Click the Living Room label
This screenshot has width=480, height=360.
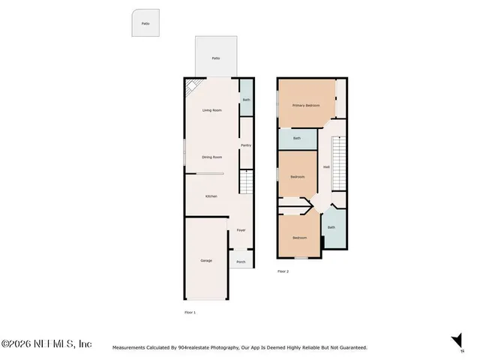[x=213, y=110]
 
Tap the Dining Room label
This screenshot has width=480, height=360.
[x=213, y=157]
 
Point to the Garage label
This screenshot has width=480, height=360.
[x=205, y=260]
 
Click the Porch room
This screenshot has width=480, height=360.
[x=241, y=262]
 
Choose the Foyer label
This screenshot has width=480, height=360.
[x=241, y=230]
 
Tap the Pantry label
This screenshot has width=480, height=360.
[x=245, y=145]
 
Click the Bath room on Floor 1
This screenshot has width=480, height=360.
[x=246, y=100]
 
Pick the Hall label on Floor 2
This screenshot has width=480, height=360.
[x=326, y=166]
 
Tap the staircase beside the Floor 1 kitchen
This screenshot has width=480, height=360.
[x=246, y=181]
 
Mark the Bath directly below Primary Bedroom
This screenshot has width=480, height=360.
[x=296, y=138]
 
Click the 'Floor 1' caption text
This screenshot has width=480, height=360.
[x=190, y=311]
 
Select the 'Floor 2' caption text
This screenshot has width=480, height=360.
[x=283, y=271]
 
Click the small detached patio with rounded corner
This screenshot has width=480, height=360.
[x=145, y=23]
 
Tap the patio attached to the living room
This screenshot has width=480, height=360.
[x=216, y=58]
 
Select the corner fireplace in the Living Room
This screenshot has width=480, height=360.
[x=192, y=87]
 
